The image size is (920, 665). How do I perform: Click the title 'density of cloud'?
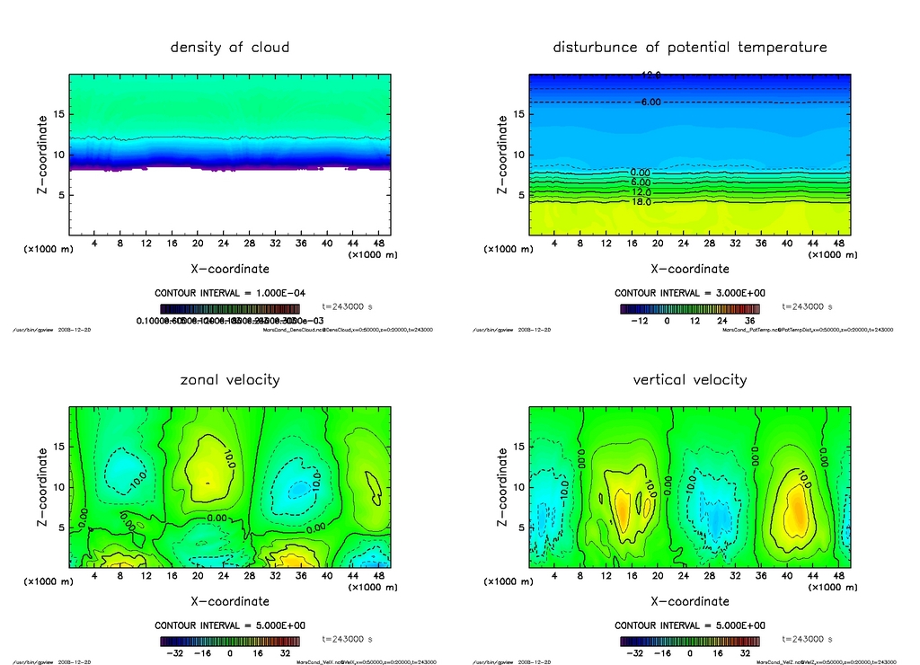[x=230, y=47]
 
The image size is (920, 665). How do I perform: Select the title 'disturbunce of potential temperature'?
[x=690, y=47]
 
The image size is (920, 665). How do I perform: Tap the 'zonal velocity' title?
[x=230, y=379]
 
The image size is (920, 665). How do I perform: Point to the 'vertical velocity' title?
[x=690, y=379]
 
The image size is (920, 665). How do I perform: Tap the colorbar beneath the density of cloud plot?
[x=230, y=308]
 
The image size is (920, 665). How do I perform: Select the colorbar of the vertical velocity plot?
[x=690, y=641]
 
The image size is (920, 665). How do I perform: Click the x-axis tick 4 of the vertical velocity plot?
[x=553, y=576]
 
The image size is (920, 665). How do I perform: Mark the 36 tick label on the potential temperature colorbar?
[x=749, y=320]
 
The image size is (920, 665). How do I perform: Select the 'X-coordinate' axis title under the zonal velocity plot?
[x=230, y=600]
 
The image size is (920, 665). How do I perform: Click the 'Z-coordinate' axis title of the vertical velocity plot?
[x=503, y=487]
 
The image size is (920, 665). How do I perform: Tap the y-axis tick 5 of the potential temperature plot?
[x=517, y=195]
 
